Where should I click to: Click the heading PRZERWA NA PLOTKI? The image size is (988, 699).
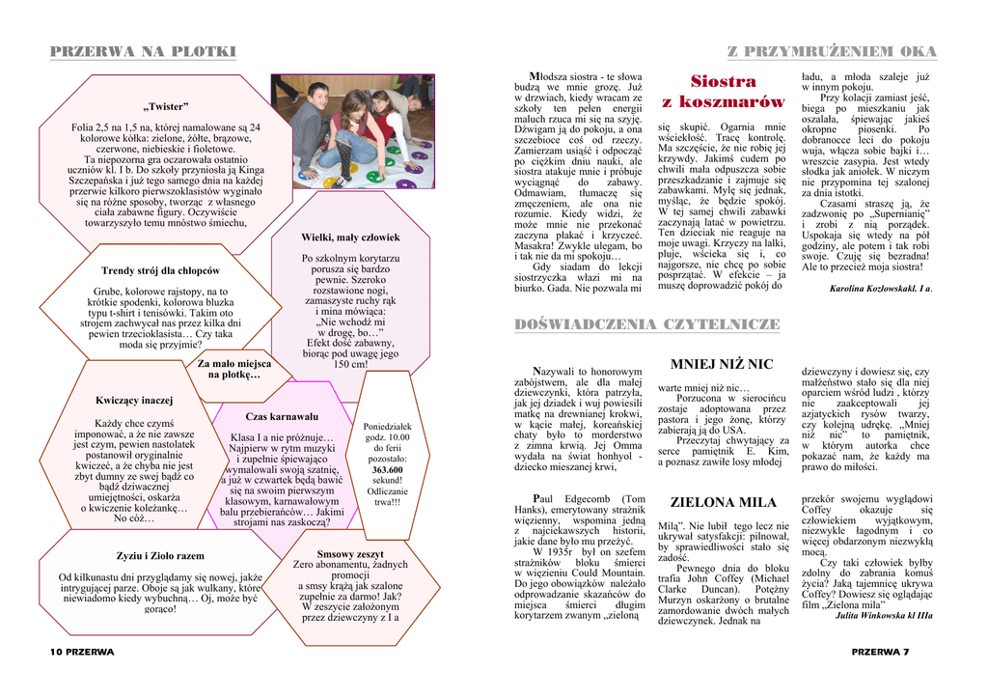click(x=143, y=51)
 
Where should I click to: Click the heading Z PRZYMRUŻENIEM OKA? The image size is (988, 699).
click(x=832, y=51)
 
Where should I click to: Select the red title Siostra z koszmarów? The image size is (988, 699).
click(x=723, y=92)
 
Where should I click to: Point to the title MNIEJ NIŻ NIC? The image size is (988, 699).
click(x=722, y=364)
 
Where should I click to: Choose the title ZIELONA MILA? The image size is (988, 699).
click(x=723, y=502)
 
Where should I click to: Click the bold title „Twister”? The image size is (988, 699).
click(x=166, y=105)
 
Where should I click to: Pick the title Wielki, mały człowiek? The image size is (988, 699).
click(x=350, y=237)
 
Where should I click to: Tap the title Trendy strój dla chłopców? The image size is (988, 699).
click(x=160, y=270)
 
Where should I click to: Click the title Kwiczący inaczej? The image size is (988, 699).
click(x=134, y=400)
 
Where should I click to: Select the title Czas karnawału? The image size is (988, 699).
click(x=282, y=416)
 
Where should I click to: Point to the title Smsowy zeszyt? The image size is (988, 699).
click(x=350, y=553)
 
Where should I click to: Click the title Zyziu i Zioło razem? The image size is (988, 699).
click(x=160, y=556)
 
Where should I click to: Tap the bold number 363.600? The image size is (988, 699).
click(x=388, y=469)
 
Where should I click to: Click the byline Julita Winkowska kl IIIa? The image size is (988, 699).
click(x=884, y=614)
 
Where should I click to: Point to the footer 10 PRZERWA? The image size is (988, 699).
click(x=82, y=652)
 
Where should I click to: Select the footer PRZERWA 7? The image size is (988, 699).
click(x=880, y=652)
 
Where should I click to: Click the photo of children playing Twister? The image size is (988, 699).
click(x=352, y=131)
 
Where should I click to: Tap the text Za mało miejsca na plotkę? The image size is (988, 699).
click(x=233, y=369)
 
